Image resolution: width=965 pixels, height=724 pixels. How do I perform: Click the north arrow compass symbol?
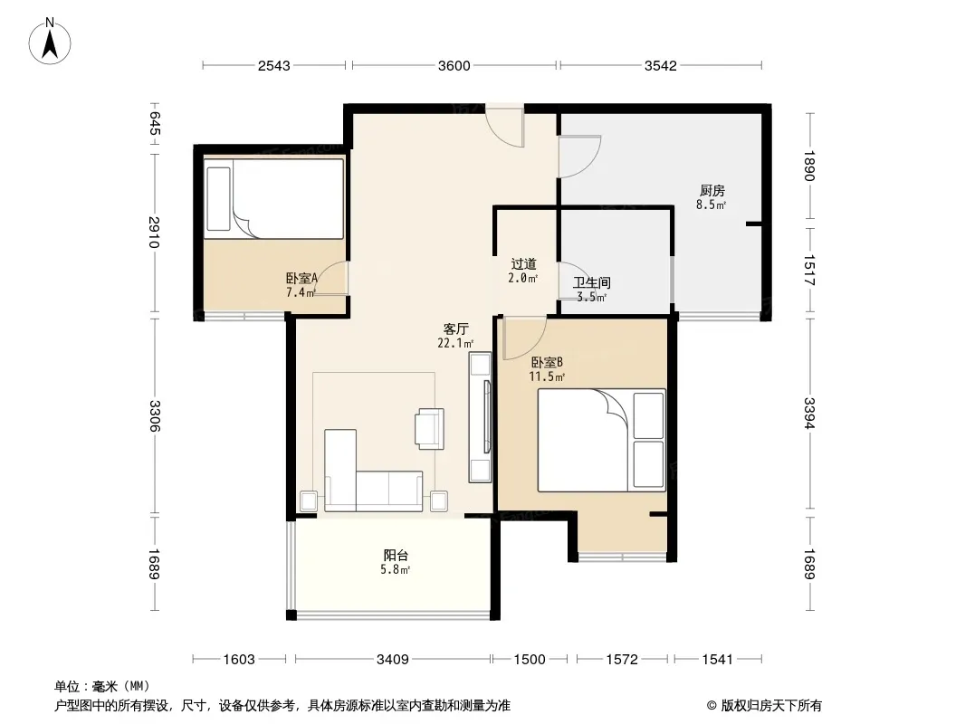coord(50,42)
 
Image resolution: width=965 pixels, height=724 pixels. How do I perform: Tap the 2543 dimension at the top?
coord(274,65)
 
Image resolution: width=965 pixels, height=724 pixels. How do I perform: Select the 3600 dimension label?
coord(454,65)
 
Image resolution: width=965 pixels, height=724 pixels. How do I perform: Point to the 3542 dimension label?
coord(660,65)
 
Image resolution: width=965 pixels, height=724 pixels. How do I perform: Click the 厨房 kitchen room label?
coord(712,191)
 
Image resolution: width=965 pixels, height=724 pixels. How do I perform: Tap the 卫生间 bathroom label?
coord(591,283)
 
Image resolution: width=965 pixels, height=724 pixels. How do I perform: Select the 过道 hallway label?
coord(524,264)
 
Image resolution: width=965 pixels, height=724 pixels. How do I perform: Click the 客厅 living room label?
coord(456,329)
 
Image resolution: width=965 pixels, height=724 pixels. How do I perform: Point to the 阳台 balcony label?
coord(396,555)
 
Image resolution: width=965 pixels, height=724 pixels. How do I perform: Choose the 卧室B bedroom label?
coord(547,362)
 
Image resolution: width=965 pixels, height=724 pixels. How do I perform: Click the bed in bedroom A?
coord(274,199)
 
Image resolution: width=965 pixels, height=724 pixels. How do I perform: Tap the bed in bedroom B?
coord(602,440)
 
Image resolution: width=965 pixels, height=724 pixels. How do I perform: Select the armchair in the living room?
coord(430,429)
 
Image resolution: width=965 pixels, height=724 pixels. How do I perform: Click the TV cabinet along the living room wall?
coord(480,417)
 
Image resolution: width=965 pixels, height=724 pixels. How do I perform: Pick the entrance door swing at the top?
coord(504,127)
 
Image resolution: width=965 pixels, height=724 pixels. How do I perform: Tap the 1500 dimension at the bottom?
coord(530,660)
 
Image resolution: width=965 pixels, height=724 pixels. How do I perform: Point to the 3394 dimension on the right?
coord(808,414)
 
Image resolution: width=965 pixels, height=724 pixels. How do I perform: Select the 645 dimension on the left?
coord(155,123)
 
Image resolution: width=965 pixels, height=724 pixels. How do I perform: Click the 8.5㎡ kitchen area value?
coord(712,205)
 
